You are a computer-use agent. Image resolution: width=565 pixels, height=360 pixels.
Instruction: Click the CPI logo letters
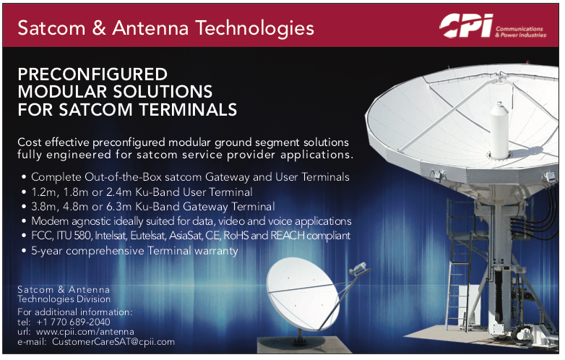(466, 25)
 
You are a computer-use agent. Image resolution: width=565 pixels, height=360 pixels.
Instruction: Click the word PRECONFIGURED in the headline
(92, 74)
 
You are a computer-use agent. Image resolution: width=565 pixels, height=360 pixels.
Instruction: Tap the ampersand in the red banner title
(98, 28)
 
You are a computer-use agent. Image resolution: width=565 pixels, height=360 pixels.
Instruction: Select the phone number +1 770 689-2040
(73, 322)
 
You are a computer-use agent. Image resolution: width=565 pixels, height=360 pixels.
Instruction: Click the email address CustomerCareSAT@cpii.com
(113, 342)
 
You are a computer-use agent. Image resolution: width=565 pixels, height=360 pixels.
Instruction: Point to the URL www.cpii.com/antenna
(85, 332)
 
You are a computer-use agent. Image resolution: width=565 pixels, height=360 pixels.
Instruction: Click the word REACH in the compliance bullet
(288, 236)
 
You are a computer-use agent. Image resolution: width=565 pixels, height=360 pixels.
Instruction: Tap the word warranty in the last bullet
(216, 251)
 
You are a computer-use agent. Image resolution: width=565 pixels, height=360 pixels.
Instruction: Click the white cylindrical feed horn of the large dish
(499, 130)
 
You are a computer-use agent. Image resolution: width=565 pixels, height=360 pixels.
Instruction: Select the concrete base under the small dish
(304, 345)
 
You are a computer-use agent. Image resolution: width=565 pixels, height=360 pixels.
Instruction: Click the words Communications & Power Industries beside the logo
(520, 32)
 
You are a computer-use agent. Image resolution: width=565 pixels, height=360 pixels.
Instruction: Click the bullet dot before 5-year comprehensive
(24, 250)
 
